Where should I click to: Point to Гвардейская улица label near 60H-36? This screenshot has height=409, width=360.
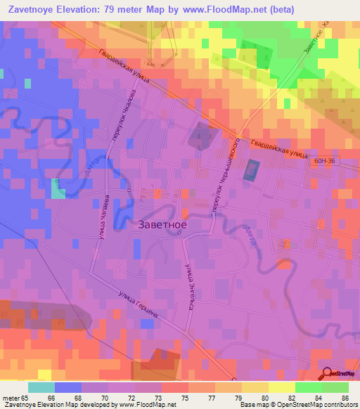278,152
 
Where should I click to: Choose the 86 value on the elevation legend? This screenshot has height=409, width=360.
345,397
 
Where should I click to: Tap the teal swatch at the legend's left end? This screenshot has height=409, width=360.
41,387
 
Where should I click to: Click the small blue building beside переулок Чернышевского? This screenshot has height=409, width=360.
251,169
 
